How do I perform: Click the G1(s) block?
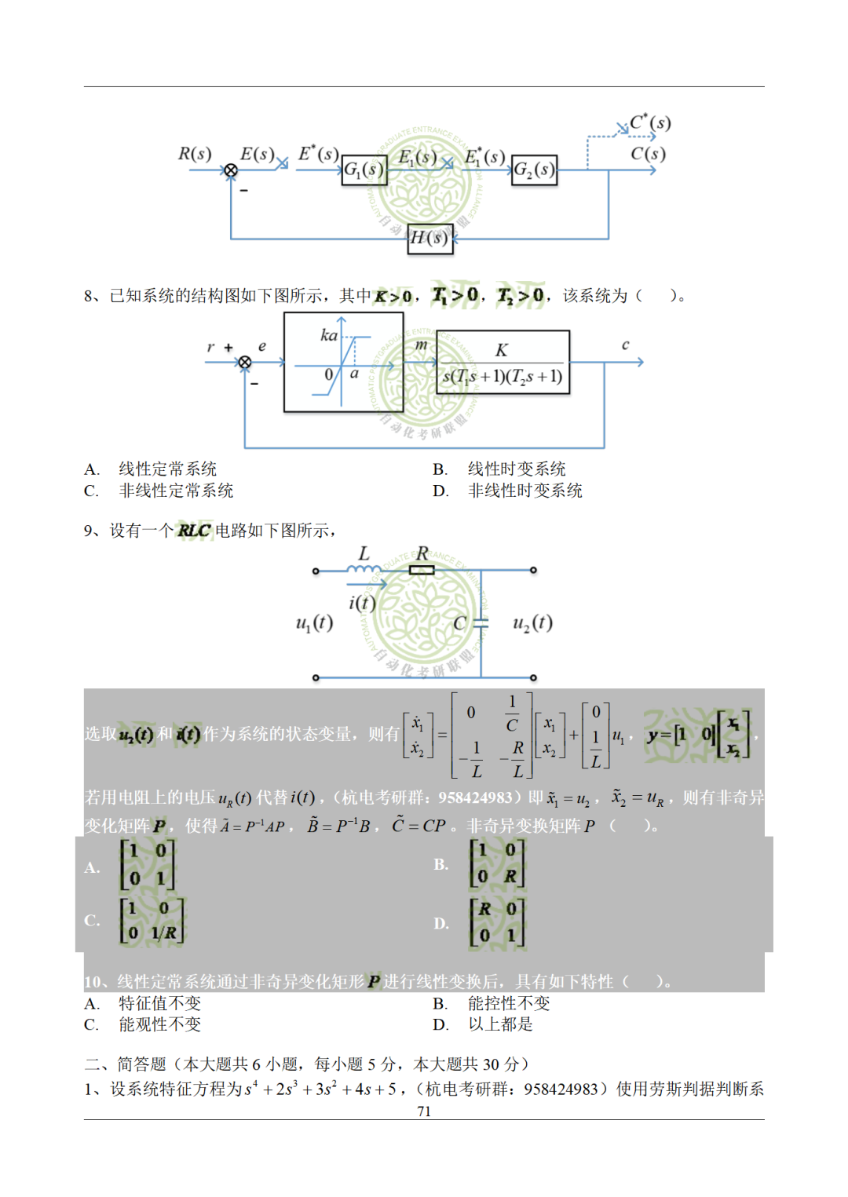click(x=364, y=170)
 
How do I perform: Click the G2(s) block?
click(x=534, y=170)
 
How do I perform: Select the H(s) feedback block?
click(x=430, y=238)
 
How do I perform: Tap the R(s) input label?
click(x=195, y=154)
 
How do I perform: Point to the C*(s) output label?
click(x=650, y=123)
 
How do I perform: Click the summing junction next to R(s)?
click(x=231, y=170)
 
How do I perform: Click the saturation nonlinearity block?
click(x=343, y=362)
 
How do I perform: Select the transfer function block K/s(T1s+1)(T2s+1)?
click(x=503, y=362)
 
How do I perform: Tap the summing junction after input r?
click(x=245, y=362)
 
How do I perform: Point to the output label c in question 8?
click(x=625, y=345)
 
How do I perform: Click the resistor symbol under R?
click(x=422, y=570)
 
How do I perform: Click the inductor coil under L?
click(x=364, y=569)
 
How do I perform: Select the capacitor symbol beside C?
click(x=481, y=623)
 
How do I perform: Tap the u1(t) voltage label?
click(x=314, y=623)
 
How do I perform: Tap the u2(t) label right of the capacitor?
click(x=532, y=623)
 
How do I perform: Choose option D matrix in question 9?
click(x=497, y=923)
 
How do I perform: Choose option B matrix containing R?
click(x=497, y=863)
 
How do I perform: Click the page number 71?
click(x=424, y=1111)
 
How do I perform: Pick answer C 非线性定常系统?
click(x=176, y=491)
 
